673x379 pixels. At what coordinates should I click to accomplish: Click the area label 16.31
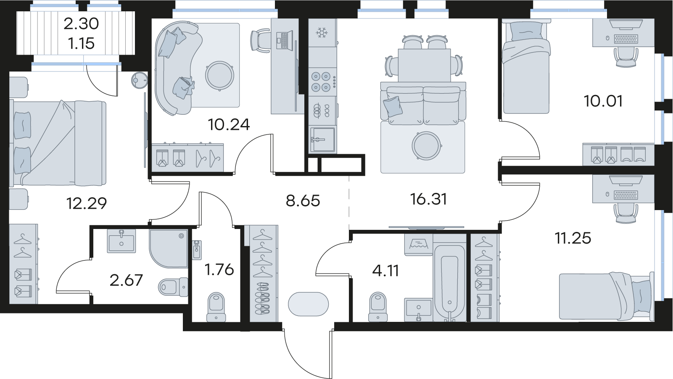point(428,200)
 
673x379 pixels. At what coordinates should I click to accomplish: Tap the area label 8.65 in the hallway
point(303,201)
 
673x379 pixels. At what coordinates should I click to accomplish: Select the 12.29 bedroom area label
point(87,204)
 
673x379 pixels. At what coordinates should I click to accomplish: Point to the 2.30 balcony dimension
point(81,24)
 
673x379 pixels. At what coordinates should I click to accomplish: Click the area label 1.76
point(219,270)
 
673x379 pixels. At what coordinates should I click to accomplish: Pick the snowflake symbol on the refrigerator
point(322,32)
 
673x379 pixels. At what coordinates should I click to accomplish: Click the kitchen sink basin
point(322,140)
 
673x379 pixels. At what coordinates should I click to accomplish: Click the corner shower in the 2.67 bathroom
point(169,248)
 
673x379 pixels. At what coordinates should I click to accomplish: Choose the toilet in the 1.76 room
point(216,307)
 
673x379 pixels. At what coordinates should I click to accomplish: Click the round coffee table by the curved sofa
point(219,76)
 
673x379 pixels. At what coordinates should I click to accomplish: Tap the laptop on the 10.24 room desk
point(284,40)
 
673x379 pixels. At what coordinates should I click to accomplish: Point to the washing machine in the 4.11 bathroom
point(419,245)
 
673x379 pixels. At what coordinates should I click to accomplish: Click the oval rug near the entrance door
point(308,304)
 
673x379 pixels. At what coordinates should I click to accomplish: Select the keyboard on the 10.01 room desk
point(626,39)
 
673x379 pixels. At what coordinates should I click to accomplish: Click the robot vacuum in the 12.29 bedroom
point(140,80)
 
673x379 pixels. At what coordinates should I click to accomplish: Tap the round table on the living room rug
point(427,146)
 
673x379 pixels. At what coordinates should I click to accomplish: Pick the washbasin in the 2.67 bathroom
point(121,241)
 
